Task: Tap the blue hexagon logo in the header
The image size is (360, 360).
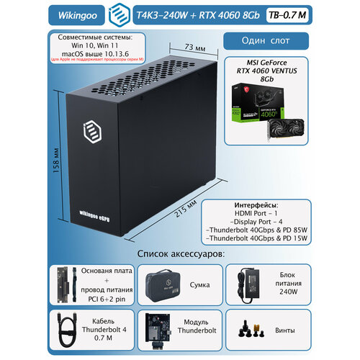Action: click(114, 14)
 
